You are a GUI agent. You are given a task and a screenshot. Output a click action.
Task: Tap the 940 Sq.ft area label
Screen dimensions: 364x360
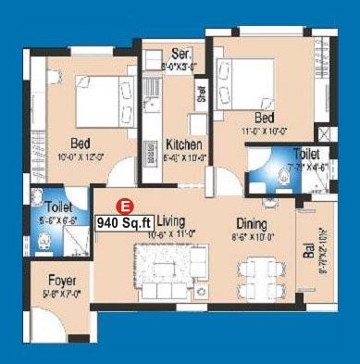pyautogui.click(x=124, y=221)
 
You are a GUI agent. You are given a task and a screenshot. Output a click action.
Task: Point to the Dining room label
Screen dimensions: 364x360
pyautogui.click(x=252, y=224)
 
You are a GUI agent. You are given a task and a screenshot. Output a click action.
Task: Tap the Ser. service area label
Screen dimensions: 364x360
pyautogui.click(x=180, y=55)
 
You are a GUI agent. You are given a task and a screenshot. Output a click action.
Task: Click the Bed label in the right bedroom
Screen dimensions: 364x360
pyautogui.click(x=264, y=119)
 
